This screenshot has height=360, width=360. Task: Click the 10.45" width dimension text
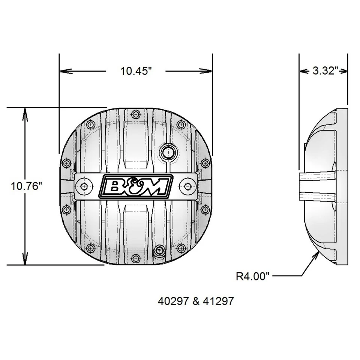click(x=136, y=71)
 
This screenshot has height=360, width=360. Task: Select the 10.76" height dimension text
click(x=25, y=186)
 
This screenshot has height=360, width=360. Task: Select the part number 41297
click(x=217, y=301)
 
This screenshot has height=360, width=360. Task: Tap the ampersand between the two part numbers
click(x=194, y=301)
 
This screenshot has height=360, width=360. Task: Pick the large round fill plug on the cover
click(x=167, y=152)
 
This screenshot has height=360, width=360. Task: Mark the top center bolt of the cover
click(x=136, y=114)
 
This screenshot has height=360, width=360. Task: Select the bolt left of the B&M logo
click(x=84, y=186)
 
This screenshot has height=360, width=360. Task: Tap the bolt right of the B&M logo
click(x=187, y=186)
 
